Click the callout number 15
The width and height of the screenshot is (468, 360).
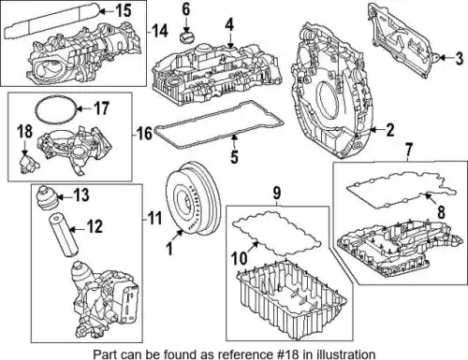(124, 11)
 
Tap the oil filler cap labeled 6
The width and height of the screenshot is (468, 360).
(186, 36)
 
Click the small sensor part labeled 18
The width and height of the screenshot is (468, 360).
(27, 162)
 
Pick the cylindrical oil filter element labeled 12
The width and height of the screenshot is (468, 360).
(63, 235)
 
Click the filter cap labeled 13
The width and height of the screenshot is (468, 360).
(47, 198)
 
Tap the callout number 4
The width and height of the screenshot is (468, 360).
(229, 25)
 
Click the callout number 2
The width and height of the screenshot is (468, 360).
(390, 130)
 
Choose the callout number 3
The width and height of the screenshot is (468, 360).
(459, 59)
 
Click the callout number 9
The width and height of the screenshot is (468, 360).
(277, 193)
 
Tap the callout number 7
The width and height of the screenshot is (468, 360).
(409, 150)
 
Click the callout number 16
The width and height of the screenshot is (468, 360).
(145, 133)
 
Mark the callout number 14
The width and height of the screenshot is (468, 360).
(160, 31)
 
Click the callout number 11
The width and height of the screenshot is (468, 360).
(154, 218)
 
